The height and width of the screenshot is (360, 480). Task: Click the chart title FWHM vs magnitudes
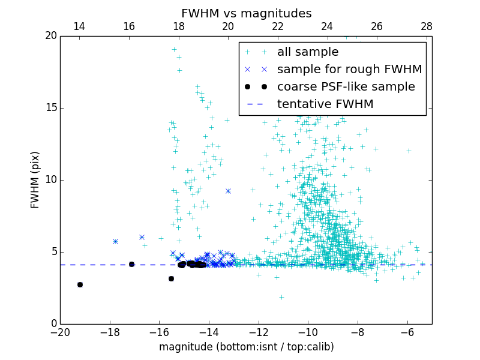coord(246,13)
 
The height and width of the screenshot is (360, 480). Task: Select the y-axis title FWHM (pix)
coord(35,180)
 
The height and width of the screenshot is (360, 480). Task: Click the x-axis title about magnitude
coord(246,347)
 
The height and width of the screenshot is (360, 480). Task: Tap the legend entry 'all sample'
coord(307,52)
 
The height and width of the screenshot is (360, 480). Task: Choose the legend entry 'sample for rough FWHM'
coord(349,70)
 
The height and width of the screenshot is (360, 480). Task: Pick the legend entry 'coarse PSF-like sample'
coord(346,87)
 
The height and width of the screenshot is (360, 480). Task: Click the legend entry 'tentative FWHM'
coord(325,104)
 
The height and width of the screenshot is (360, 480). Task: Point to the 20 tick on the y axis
coord(50,36)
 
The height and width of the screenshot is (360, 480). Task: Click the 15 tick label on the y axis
coord(50,108)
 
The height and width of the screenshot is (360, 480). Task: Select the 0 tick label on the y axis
coord(53,324)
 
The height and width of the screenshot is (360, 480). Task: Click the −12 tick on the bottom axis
coord(259,332)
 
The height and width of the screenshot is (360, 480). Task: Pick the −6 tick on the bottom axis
coord(407,332)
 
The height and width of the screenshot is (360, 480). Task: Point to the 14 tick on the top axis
coord(79,26)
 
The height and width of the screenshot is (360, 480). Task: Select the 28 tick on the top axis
coord(427,26)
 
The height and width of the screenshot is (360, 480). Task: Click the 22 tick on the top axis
coord(278,26)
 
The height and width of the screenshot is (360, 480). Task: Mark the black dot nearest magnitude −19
coord(80,284)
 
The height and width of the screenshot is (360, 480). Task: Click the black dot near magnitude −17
coord(131,264)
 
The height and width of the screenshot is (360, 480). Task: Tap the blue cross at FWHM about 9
coord(228,191)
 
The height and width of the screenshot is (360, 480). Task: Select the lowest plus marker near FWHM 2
coord(281,297)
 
